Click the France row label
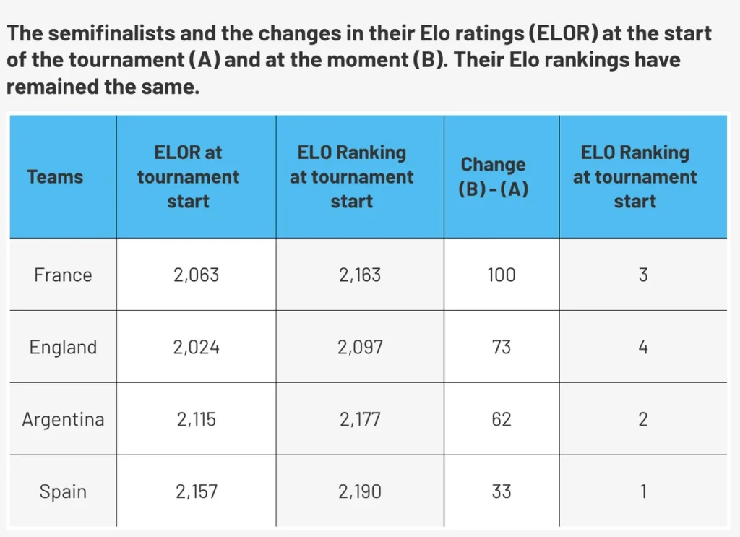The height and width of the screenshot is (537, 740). tap(63, 275)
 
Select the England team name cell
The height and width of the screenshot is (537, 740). tap(63, 348)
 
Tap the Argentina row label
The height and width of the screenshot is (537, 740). tap(63, 419)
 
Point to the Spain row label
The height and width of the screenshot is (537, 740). tap(63, 491)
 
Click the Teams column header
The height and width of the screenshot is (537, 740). tap(55, 177)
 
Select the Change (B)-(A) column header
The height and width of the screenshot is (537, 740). tap(493, 176)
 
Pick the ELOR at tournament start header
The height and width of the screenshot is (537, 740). tap(188, 177)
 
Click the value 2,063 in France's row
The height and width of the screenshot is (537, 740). tap(197, 275)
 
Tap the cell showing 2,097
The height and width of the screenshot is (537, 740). tap(360, 348)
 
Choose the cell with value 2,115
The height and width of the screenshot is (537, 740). tap(197, 419)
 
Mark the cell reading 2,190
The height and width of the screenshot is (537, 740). tap(360, 491)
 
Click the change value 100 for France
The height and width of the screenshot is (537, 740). tap(502, 275)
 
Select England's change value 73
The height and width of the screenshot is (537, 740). tap(502, 348)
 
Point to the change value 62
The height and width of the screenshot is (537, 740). tap(502, 419)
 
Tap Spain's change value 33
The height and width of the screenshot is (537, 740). tap(502, 491)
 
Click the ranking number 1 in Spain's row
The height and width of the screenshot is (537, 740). tap(643, 491)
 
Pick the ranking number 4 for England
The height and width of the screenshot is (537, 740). tap(642, 348)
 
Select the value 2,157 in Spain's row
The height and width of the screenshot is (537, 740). tap(197, 491)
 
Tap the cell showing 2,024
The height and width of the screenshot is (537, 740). tap(197, 348)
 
